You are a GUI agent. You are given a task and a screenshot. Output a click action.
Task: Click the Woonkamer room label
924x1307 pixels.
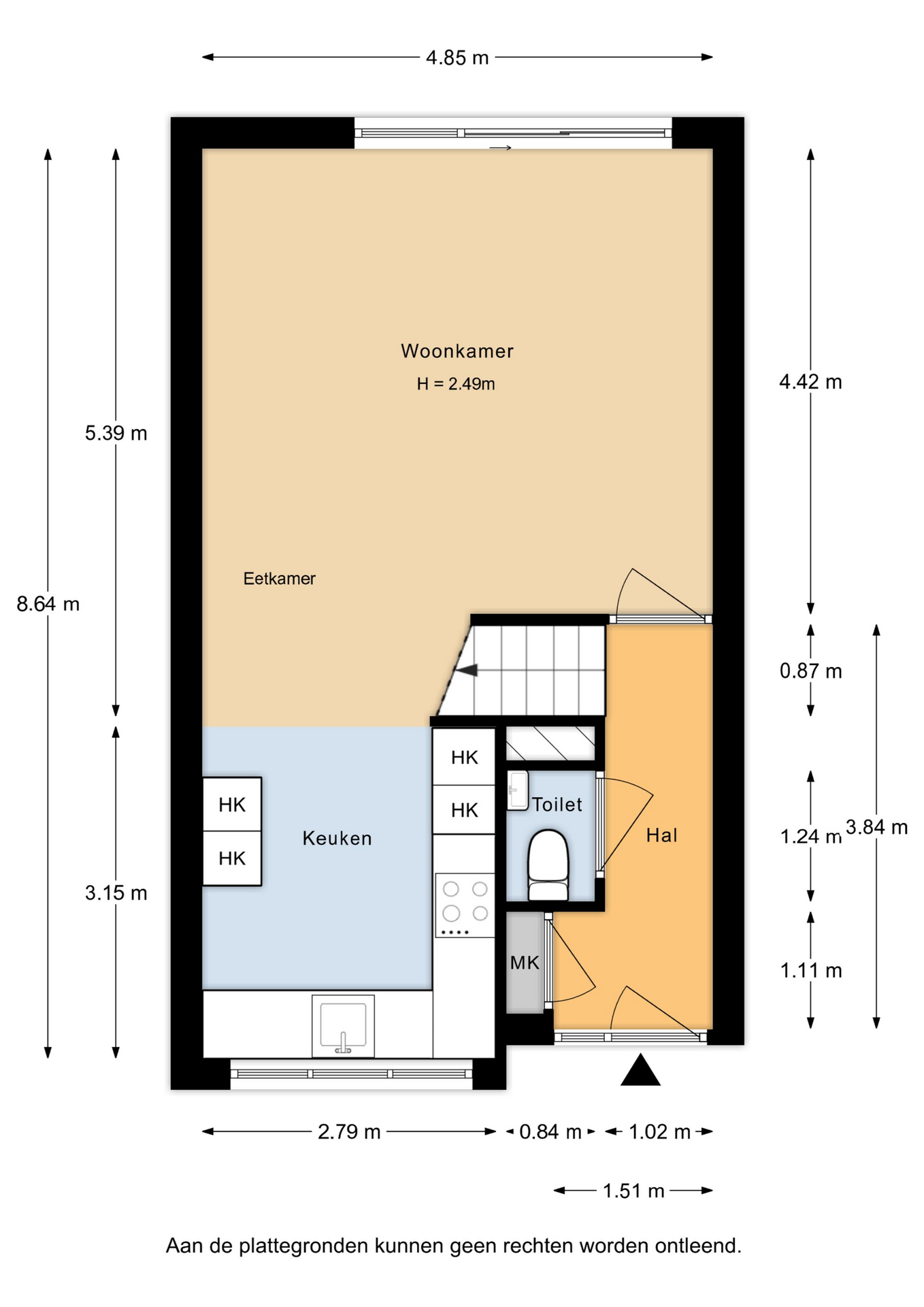click(x=457, y=351)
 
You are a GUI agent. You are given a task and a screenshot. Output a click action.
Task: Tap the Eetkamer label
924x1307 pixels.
click(x=279, y=579)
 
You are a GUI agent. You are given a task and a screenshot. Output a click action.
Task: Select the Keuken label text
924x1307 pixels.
click(x=337, y=838)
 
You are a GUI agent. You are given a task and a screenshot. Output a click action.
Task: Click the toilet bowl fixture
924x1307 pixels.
click(x=548, y=865)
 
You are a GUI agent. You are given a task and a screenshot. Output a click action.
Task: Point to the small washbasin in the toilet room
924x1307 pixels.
click(x=518, y=790)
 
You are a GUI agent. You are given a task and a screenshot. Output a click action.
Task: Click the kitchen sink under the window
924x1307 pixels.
click(x=343, y=1026)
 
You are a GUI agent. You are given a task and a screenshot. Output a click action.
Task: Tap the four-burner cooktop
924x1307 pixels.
click(x=465, y=905)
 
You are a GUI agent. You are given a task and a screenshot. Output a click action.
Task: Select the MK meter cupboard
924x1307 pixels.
click(x=525, y=963)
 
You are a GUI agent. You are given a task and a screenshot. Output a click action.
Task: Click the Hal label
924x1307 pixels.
click(x=661, y=835)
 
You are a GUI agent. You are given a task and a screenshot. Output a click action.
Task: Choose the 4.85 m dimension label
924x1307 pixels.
click(x=457, y=58)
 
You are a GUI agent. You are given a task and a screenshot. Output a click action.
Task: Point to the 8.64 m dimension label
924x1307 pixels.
click(x=48, y=604)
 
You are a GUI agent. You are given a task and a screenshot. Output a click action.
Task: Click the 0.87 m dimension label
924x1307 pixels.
click(x=811, y=671)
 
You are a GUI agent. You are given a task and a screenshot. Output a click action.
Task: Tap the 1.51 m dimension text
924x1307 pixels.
click(x=633, y=1191)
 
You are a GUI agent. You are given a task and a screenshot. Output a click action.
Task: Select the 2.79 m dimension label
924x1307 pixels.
click(x=349, y=1131)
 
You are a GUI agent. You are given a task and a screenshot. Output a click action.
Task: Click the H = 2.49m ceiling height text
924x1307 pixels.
click(x=456, y=384)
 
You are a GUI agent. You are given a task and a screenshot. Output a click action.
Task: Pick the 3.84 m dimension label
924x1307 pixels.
click(x=877, y=827)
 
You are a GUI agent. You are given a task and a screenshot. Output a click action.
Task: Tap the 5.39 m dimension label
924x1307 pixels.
click(x=116, y=433)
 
